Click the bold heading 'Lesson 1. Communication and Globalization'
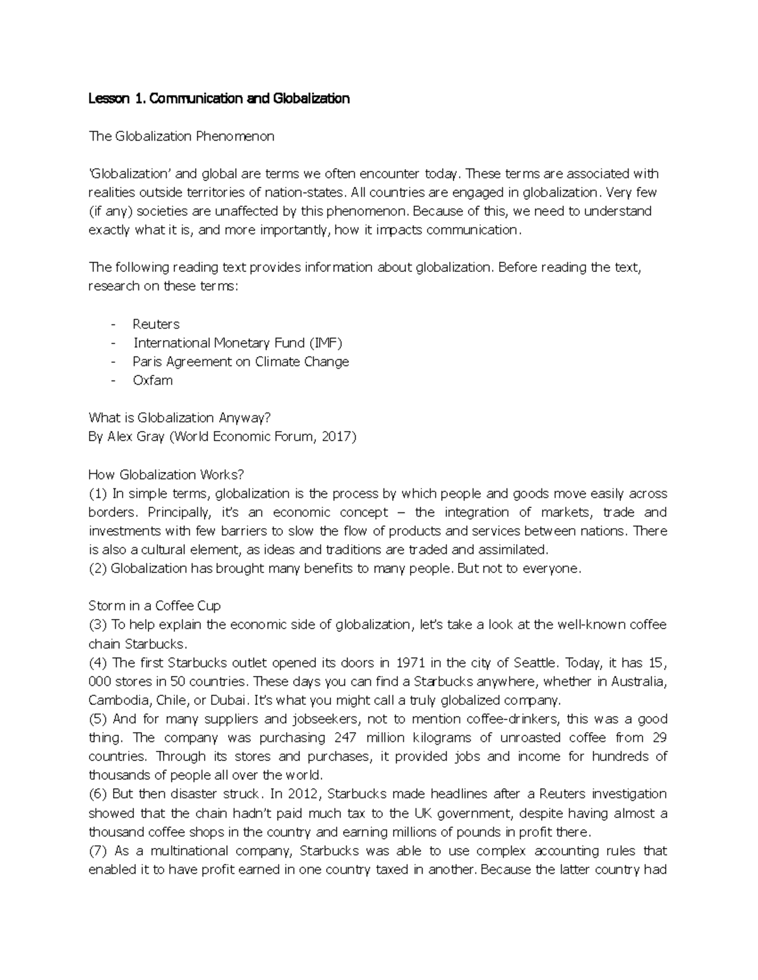pyautogui.click(x=219, y=98)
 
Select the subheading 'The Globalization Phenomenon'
pyautogui.click(x=181, y=136)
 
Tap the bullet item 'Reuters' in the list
pyautogui.click(x=156, y=324)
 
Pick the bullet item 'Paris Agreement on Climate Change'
pyautogui.click(x=241, y=362)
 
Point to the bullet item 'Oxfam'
pyautogui.click(x=152, y=381)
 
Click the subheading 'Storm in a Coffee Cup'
pyautogui.click(x=155, y=606)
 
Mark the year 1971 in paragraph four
pyautogui.click(x=411, y=663)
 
